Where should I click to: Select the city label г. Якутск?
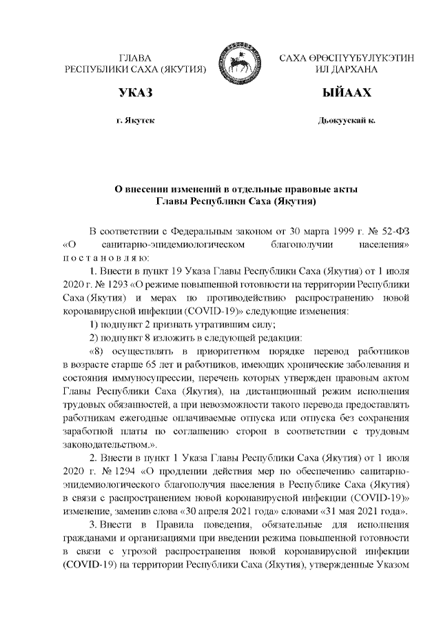click(135, 121)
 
